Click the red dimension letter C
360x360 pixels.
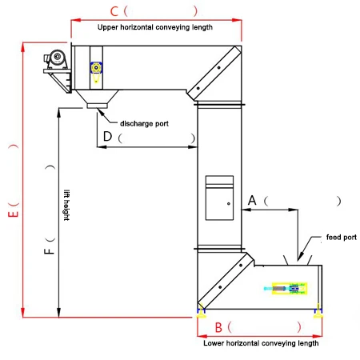coord(114,11)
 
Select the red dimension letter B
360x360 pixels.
coord(218,327)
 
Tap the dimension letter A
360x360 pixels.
coord(252,200)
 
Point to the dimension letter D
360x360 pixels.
coord(107,136)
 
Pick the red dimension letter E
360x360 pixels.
coord(14,214)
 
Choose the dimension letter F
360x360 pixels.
coord(49,251)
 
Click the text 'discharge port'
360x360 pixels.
coord(144,124)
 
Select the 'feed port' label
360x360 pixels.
coord(342,237)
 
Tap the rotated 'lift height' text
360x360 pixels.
coord(66,205)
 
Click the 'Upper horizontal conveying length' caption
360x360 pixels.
coord(155,27)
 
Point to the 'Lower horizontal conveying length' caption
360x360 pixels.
coord(261,343)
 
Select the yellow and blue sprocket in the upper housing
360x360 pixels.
coord(96,68)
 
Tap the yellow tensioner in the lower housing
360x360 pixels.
coord(290,289)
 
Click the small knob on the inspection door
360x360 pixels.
coord(229,204)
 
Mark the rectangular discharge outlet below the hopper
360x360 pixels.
coord(97,106)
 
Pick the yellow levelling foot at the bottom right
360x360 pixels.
coord(318,314)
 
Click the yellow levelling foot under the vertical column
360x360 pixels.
coord(201,314)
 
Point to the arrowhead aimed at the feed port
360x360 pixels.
coord(300,256)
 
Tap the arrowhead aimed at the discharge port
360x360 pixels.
coord(101,113)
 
